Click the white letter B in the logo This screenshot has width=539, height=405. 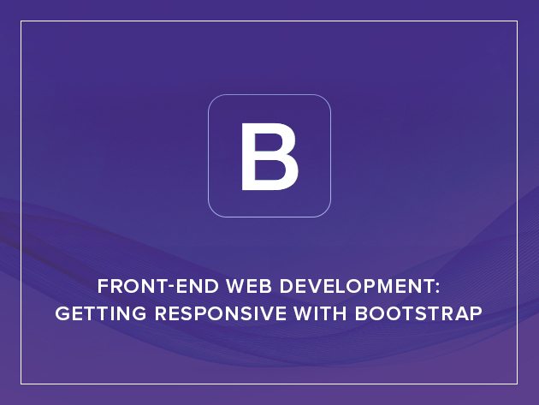269,156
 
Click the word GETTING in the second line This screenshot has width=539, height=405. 101,313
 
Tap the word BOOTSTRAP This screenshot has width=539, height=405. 418,313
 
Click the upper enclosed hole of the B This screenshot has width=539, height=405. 268,143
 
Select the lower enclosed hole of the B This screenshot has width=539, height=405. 269,170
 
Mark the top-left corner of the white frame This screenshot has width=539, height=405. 21,21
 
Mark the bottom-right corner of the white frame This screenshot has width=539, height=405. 517,384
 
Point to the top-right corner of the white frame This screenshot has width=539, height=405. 517,21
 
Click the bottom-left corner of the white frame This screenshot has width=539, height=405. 21,384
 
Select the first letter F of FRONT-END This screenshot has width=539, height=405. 103,286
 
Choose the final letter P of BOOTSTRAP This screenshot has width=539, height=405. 477,313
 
